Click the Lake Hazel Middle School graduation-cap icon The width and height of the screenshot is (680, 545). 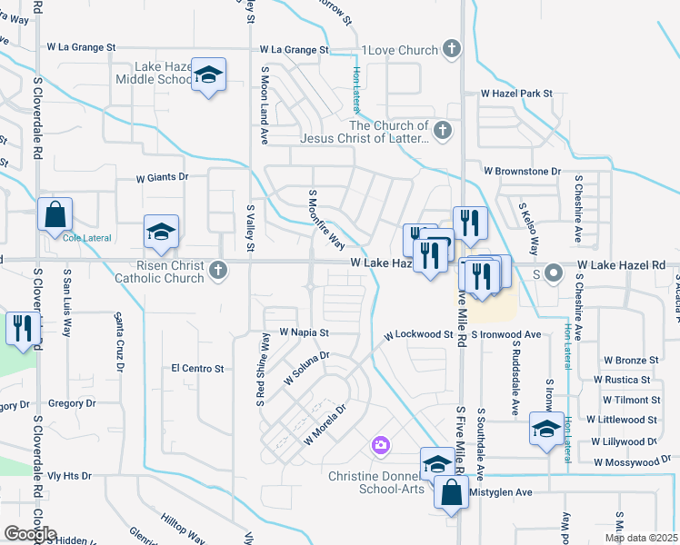(208, 76)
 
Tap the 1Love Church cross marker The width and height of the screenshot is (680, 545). (451, 50)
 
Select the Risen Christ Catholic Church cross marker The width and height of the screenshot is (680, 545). (217, 270)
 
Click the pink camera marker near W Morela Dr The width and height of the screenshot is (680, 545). (380, 445)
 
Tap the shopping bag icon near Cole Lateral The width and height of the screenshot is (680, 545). (55, 215)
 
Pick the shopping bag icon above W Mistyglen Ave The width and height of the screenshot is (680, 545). (451, 493)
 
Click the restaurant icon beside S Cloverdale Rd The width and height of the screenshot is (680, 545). (21, 328)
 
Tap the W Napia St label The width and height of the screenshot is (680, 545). (304, 333)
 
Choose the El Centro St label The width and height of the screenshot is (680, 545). (197, 369)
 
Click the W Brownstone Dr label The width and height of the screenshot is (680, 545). (522, 171)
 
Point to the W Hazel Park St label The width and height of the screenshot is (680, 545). (516, 94)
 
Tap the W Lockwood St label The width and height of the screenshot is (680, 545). (418, 335)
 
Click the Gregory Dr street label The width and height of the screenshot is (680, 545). (72, 403)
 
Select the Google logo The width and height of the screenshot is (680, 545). (30, 534)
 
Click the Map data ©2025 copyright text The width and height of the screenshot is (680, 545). (640, 538)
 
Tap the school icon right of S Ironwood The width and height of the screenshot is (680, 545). (545, 431)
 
